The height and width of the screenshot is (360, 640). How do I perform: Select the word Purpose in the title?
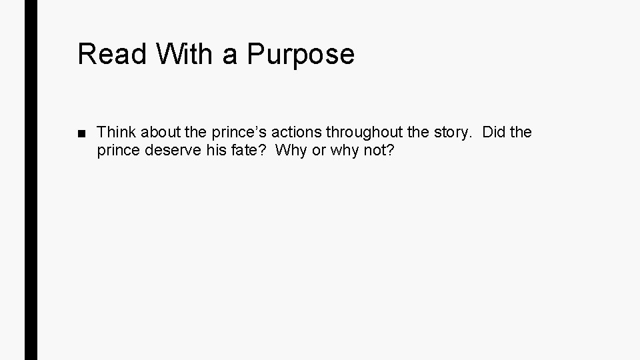coord(301,54)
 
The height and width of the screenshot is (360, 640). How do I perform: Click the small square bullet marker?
coord(81,133)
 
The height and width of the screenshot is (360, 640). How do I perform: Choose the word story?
coord(451,132)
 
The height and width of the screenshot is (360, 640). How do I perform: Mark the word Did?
coord(493,132)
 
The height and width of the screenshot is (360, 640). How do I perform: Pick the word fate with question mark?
coord(246,151)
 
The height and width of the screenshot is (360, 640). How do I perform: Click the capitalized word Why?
coord(290,151)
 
